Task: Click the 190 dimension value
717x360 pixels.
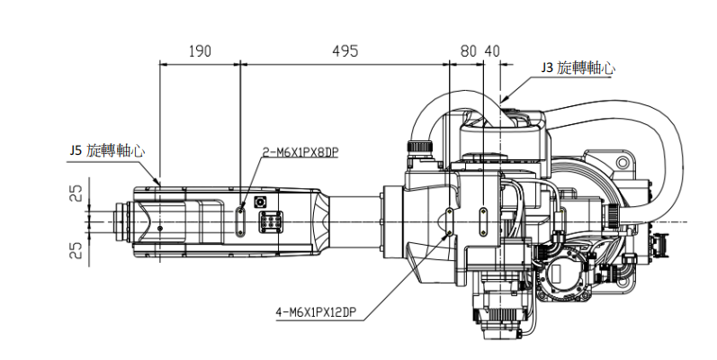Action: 200,51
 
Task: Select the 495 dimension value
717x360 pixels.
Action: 344,51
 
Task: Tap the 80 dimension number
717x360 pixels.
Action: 468,51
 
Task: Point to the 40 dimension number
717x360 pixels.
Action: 490,51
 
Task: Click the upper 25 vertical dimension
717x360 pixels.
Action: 77,193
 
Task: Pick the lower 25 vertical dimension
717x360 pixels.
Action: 77,248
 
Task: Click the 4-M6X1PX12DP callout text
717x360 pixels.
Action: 319,313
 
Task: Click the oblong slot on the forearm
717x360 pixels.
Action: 240,220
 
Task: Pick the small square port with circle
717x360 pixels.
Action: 263,202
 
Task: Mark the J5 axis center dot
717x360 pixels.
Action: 160,229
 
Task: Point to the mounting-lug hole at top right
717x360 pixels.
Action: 620,163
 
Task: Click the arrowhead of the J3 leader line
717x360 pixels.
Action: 503,97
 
